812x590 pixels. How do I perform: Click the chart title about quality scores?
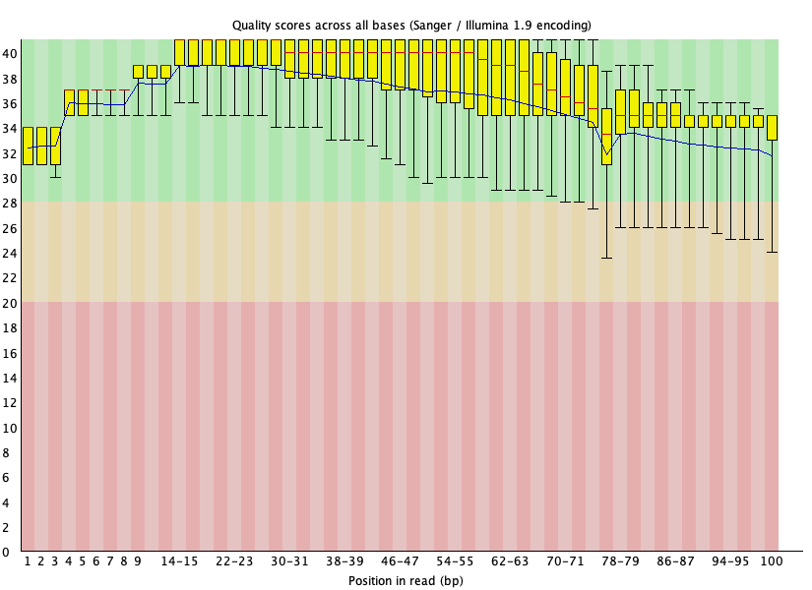click(x=411, y=26)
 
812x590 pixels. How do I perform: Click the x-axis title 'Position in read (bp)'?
click(x=406, y=581)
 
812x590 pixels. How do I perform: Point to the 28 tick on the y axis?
click(x=10, y=204)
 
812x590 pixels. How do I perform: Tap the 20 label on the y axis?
click(x=10, y=303)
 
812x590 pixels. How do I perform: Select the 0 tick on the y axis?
click(x=6, y=553)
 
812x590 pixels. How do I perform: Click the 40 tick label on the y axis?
click(x=10, y=54)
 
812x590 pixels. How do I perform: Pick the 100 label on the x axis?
click(x=771, y=561)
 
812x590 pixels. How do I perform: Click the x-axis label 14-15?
click(x=179, y=561)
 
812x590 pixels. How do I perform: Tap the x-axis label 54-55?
click(x=455, y=561)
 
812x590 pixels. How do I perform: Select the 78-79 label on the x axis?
click(x=620, y=561)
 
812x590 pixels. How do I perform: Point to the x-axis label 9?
click(x=138, y=561)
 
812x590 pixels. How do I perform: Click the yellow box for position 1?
click(x=28, y=146)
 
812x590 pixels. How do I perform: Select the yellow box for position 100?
click(x=772, y=128)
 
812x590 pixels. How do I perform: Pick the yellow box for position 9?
click(x=138, y=72)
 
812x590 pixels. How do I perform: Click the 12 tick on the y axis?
click(x=10, y=402)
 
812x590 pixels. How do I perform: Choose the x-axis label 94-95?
click(x=730, y=561)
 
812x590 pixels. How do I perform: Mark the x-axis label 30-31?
click(x=289, y=561)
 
